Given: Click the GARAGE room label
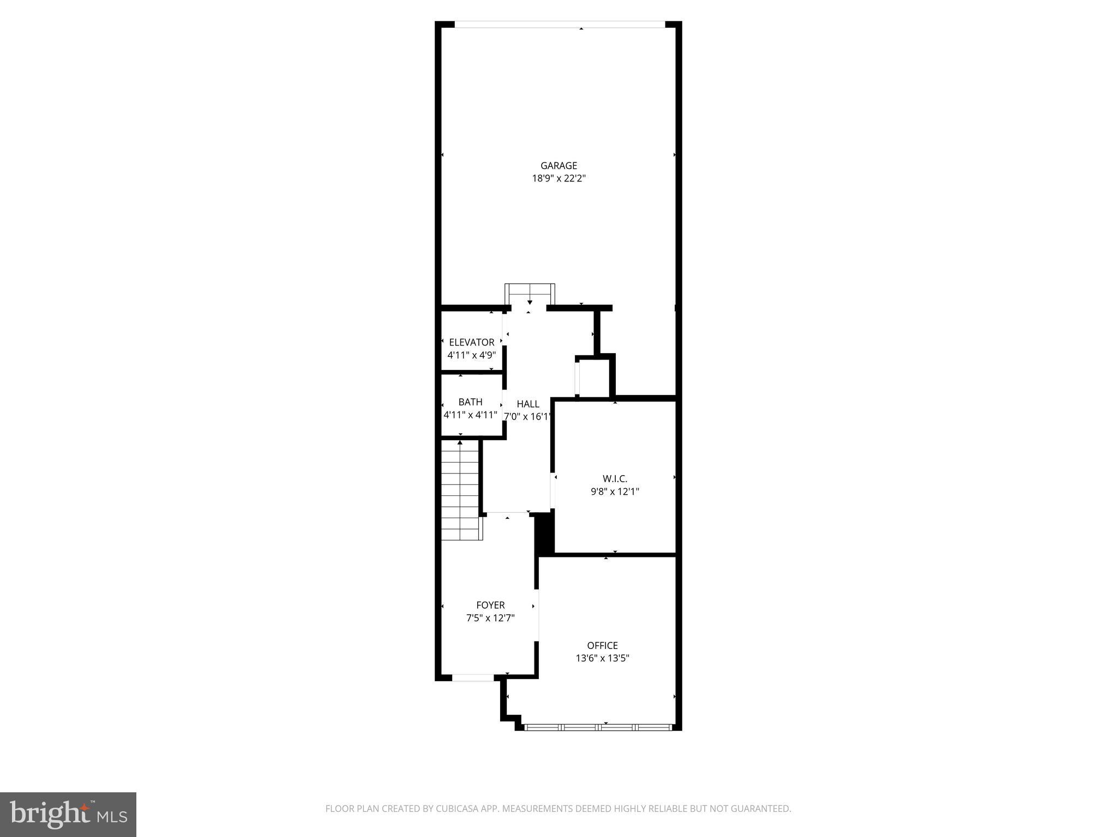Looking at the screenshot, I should (558, 166).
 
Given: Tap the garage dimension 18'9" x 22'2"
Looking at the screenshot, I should (558, 178).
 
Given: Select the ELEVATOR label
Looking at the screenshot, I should (471, 342).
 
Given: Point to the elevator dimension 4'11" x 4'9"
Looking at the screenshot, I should (471, 355).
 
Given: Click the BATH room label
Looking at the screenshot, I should (470, 402).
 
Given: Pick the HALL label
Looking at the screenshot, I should (528, 404).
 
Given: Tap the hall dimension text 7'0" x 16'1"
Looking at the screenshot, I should (527, 416).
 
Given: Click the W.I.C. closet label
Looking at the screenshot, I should (615, 479).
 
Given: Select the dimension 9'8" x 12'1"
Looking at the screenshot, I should (615, 492).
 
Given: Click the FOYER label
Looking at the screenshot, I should (490, 605).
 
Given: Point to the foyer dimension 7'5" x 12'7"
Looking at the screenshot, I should (490, 618).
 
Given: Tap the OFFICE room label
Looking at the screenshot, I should (602, 646).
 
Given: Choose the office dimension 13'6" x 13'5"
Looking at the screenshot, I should (602, 658).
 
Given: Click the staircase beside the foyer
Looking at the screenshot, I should (460, 490).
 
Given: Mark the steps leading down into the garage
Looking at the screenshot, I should (530, 295).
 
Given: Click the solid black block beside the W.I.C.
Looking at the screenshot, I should (544, 534).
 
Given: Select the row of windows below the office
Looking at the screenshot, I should (598, 726).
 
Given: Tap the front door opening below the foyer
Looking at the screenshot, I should (473, 678).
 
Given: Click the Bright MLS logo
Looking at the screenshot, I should (68, 815).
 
